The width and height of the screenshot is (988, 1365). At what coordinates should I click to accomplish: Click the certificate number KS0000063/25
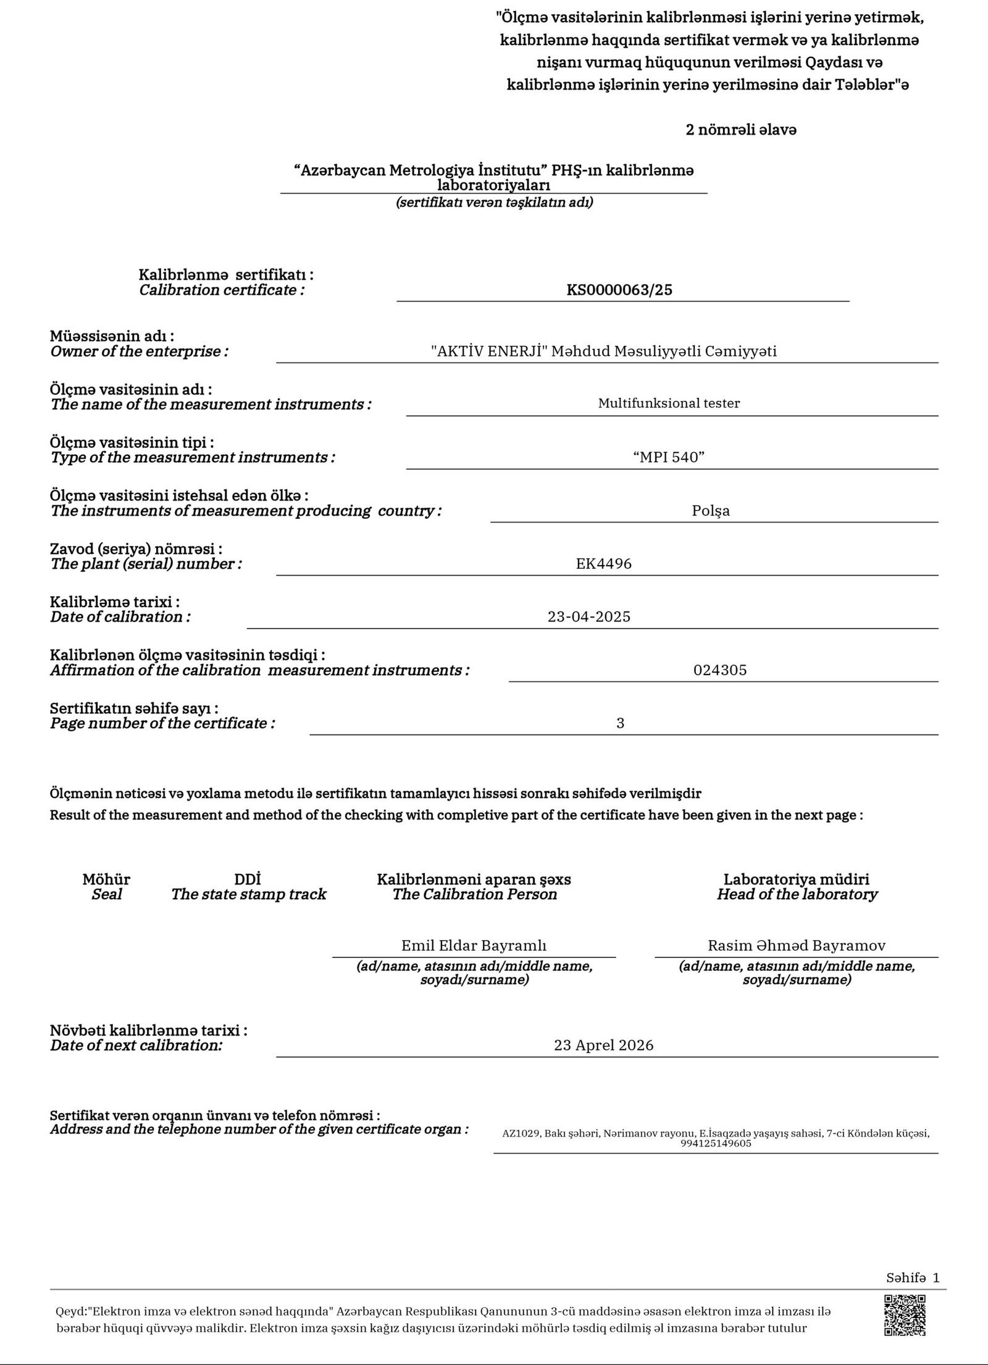click(x=619, y=290)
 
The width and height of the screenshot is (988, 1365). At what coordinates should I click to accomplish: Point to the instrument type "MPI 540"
click(x=669, y=457)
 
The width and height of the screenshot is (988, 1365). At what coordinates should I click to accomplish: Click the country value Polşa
click(x=711, y=511)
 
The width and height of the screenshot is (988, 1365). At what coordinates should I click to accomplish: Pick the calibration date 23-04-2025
click(x=588, y=616)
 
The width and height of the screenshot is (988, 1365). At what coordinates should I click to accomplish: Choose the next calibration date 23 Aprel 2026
click(x=603, y=1045)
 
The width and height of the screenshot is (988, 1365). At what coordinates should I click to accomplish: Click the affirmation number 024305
click(x=720, y=670)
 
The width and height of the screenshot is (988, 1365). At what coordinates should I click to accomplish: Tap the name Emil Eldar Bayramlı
click(x=474, y=945)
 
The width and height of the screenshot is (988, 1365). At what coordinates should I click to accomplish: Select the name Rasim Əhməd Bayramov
click(x=797, y=945)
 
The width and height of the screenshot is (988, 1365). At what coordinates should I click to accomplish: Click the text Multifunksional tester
click(x=669, y=403)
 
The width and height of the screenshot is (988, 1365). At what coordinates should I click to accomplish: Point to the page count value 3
click(x=620, y=723)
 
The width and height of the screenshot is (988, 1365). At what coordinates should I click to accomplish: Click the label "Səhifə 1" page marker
click(x=912, y=1277)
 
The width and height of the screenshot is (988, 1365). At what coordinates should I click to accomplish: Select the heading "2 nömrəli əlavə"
click(x=741, y=130)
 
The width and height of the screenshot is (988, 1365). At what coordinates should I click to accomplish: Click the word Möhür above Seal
click(x=106, y=879)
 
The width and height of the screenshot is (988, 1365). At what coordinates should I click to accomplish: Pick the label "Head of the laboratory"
click(x=797, y=894)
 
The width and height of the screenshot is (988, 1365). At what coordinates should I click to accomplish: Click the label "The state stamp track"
click(x=248, y=894)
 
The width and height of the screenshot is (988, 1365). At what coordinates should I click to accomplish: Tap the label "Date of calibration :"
click(x=120, y=617)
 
